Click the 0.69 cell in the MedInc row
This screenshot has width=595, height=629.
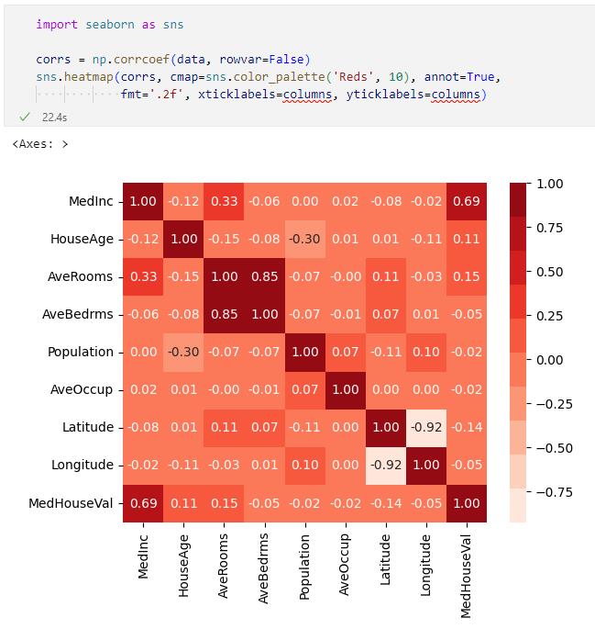coord(466,201)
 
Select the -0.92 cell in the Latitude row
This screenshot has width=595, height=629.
coord(425,427)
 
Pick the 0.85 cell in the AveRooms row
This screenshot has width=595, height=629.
coord(264,276)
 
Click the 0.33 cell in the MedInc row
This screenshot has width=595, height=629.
coord(224,201)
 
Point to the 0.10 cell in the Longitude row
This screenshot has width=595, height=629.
coord(304,465)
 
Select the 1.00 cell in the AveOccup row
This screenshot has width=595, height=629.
coord(345,389)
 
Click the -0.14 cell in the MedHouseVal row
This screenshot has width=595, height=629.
coord(385,502)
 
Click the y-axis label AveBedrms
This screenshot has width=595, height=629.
coord(78,314)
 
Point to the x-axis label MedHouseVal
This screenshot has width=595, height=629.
coord(466,568)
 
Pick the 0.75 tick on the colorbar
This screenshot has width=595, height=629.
coord(549,228)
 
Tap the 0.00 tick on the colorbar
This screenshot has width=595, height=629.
coord(549,360)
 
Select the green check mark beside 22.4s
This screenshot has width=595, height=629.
coord(24,118)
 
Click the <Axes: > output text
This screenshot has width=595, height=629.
coord(40,144)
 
